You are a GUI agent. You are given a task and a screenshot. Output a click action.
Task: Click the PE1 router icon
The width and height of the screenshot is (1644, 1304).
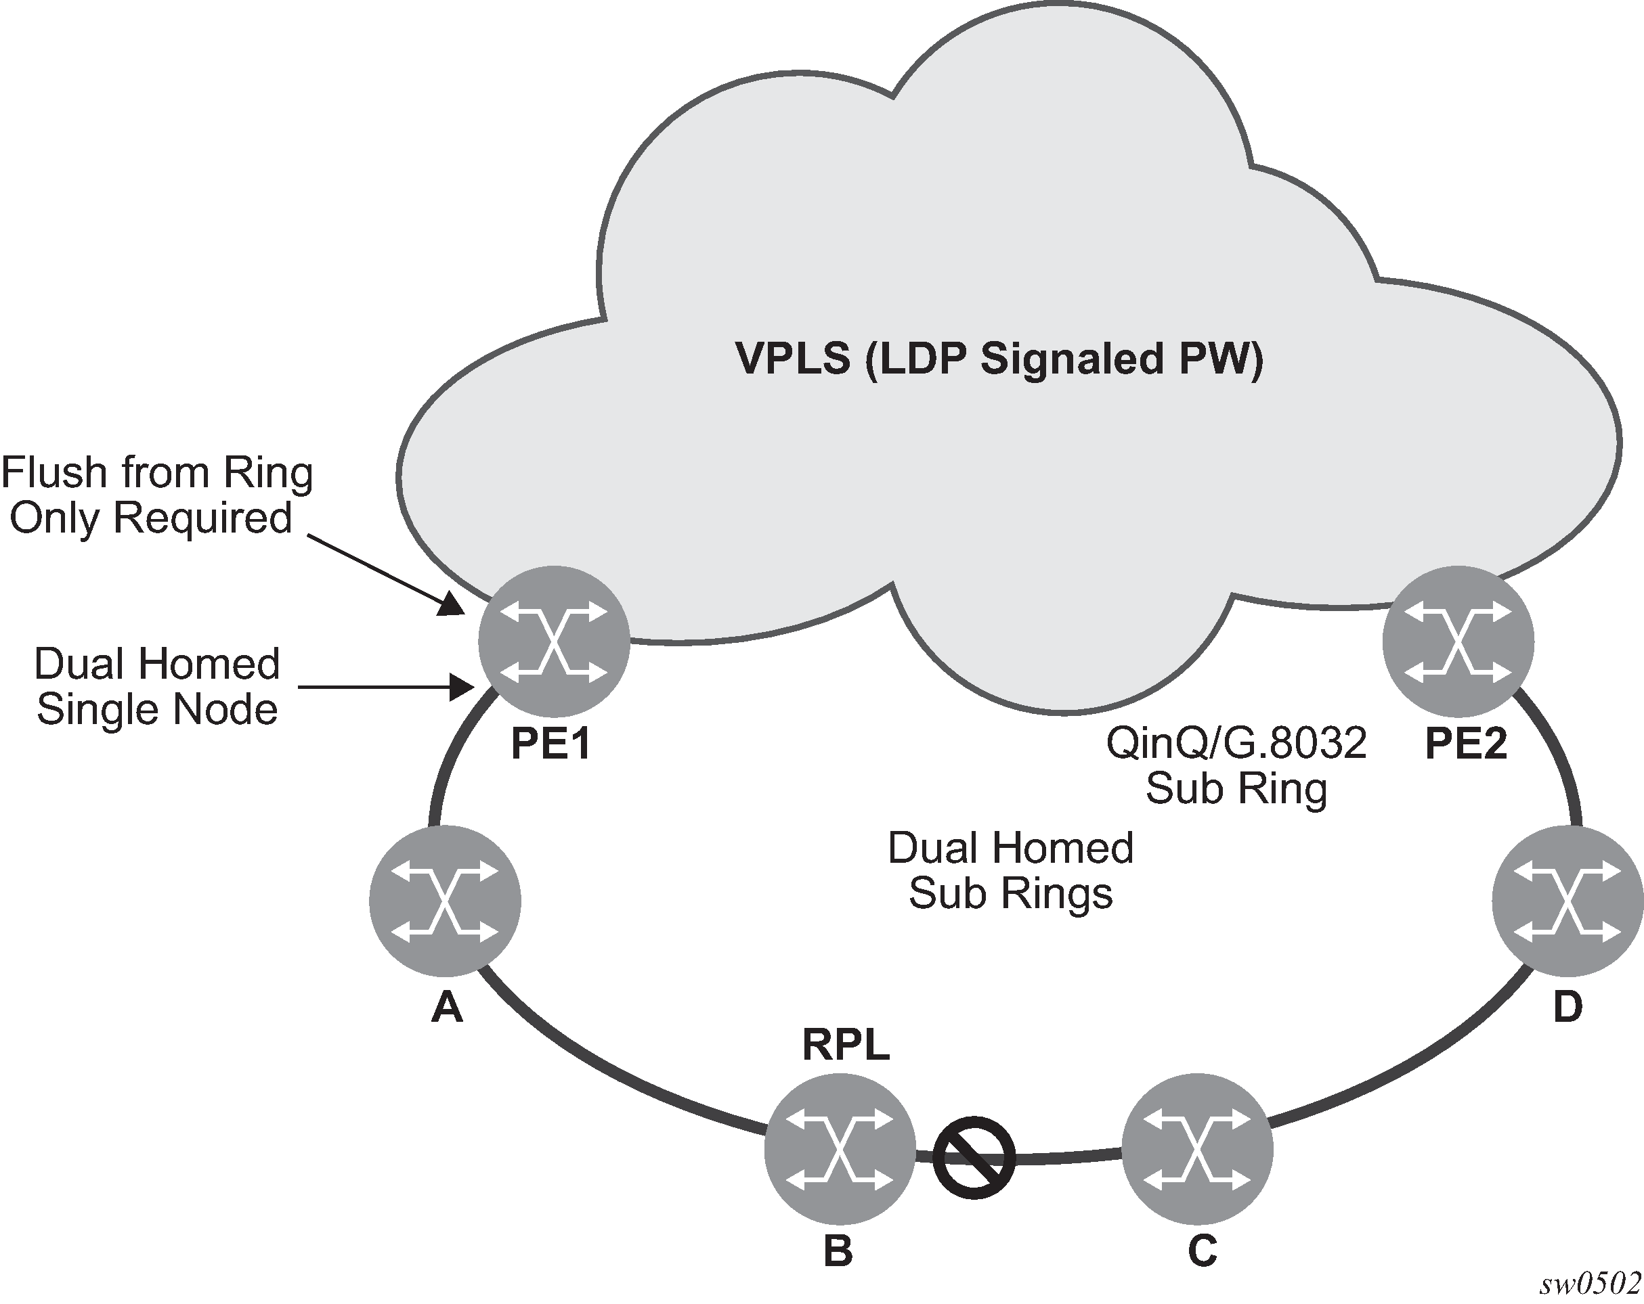555,642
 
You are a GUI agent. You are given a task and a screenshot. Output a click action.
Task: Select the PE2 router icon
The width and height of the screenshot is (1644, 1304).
1457,642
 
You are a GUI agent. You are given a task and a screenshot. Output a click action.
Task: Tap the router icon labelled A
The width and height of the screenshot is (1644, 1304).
446,900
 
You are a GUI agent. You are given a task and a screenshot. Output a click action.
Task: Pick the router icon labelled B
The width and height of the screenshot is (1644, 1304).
840,1148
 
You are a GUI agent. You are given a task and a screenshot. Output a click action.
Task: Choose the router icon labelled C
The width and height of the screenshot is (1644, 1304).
1197,1148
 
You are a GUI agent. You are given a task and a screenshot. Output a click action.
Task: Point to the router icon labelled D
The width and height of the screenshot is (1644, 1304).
1567,900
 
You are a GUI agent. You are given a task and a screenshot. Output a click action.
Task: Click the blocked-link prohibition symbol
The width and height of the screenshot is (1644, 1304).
974,1157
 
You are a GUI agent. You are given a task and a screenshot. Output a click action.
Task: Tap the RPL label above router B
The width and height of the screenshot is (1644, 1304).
846,1046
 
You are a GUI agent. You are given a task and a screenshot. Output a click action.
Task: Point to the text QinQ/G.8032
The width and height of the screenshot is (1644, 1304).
1236,743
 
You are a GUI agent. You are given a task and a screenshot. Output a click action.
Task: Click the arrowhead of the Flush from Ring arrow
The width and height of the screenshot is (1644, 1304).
453,606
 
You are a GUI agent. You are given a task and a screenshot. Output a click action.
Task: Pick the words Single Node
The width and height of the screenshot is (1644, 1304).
157,710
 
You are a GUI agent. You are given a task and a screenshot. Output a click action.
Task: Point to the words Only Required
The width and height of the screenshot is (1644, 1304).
151,518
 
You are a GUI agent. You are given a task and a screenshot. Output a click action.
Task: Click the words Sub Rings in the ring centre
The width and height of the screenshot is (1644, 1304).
1010,893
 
